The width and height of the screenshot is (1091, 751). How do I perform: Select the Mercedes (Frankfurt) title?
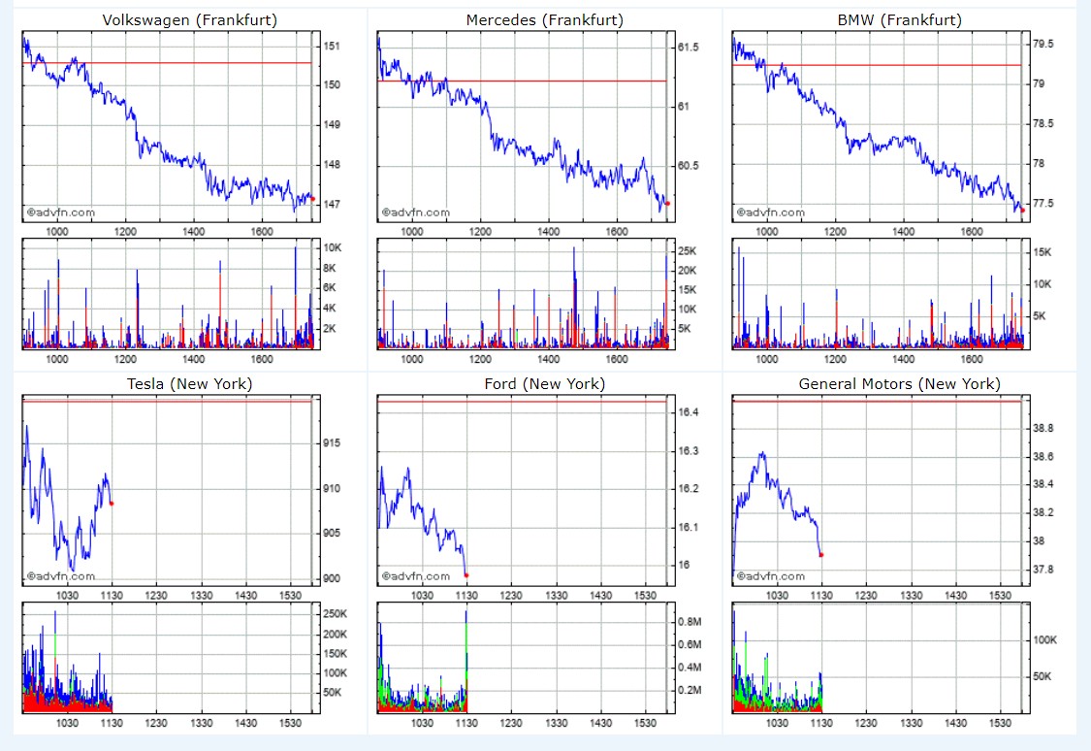pyautogui.click(x=544, y=20)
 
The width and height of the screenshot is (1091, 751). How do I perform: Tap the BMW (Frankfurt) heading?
pyautogui.click(x=899, y=20)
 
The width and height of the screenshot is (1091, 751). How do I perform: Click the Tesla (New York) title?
pyautogui.click(x=190, y=384)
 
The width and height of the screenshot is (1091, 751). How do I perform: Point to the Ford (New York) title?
pyautogui.click(x=544, y=384)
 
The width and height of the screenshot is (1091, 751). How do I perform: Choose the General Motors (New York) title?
pyautogui.click(x=899, y=384)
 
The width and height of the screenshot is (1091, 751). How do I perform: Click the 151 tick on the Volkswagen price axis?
pyautogui.click(x=332, y=46)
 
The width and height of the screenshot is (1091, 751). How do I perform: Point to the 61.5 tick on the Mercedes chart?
pyautogui.click(x=689, y=48)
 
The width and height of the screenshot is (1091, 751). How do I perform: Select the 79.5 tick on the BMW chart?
pyautogui.click(x=1043, y=44)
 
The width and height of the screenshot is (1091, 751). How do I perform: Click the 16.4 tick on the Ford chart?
pyautogui.click(x=689, y=412)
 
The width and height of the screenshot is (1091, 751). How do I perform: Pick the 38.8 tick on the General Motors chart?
pyautogui.click(x=1043, y=428)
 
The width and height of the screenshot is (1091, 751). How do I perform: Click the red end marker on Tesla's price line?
pyautogui.click(x=112, y=503)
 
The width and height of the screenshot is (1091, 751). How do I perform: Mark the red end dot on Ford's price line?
pyautogui.click(x=466, y=574)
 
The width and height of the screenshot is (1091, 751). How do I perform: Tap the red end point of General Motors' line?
pyautogui.click(x=821, y=555)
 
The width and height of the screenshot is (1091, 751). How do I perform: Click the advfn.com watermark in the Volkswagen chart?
pyautogui.click(x=61, y=212)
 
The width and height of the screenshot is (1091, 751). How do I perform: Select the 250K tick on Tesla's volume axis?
pyautogui.click(x=335, y=614)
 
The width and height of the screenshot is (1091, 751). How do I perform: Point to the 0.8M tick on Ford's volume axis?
pyautogui.click(x=690, y=621)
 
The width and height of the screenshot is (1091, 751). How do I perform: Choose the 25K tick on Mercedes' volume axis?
pyautogui.click(x=687, y=251)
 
